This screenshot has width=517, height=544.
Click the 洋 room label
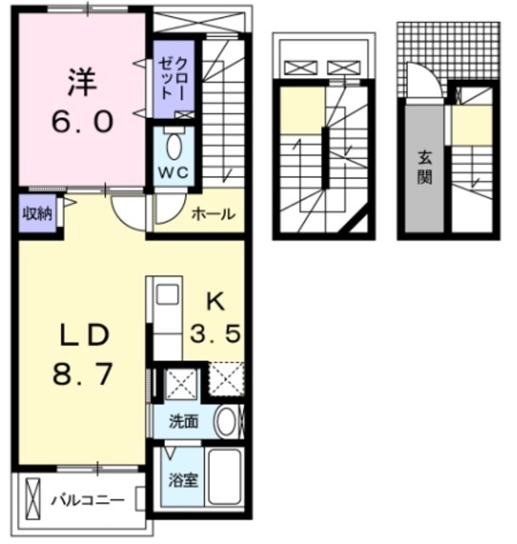pos(83,83)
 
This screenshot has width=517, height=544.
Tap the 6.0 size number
pos(83,121)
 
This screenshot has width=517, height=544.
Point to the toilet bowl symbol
pos(174,146)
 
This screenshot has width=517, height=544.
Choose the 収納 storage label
pos(37,212)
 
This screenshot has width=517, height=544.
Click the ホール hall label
pos(212,214)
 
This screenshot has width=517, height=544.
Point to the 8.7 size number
pos(83,374)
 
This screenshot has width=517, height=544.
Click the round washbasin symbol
pos(226,421)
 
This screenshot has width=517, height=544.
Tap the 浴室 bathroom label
pos(183,479)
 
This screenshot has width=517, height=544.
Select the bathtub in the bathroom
pos(225,479)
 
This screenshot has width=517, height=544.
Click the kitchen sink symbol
pos(167,294)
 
